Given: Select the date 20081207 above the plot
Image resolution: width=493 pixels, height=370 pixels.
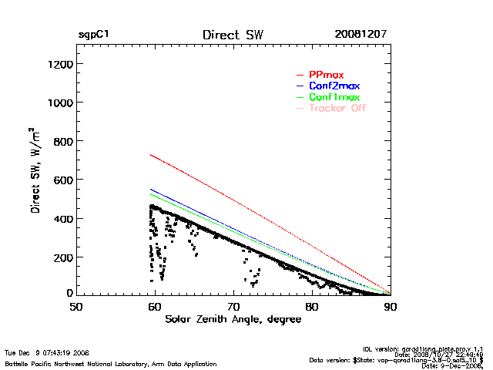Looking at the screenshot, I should [361, 35].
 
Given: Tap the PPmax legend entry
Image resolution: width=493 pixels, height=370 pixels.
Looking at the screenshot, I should [326, 75].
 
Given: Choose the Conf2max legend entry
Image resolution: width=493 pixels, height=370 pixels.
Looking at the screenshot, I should [334, 86].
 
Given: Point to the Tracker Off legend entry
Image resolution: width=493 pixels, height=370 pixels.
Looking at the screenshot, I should [337, 108].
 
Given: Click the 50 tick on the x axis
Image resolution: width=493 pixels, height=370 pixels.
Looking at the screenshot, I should [75, 307].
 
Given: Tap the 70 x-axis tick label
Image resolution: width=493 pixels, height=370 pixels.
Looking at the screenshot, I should [233, 307].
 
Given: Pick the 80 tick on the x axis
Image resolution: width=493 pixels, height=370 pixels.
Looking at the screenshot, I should [311, 307].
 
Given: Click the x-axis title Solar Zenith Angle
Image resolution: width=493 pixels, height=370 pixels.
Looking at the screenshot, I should [233, 319].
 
